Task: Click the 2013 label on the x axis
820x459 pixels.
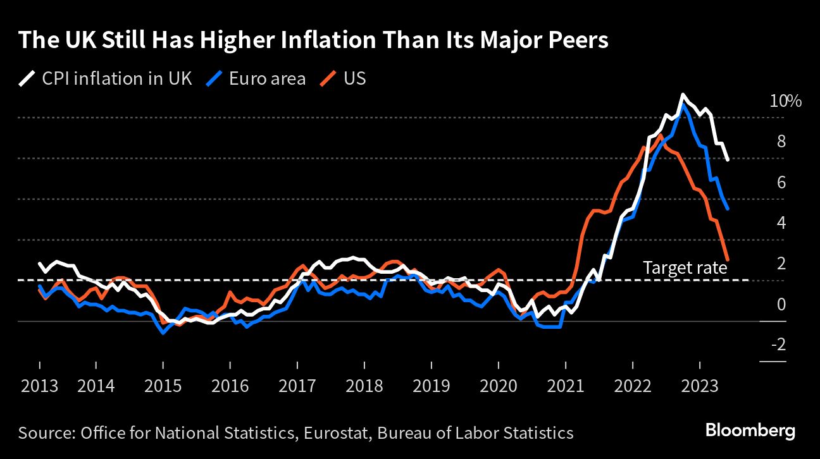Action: point(39,385)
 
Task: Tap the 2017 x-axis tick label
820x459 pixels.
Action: point(297,385)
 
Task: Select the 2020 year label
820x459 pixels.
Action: point(499,385)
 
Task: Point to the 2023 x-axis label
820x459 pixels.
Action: point(700,385)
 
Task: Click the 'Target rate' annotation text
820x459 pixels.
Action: point(685,268)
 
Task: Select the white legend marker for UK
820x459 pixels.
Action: point(27,79)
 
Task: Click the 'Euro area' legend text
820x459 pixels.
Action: point(267,79)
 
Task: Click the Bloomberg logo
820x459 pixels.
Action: point(750,431)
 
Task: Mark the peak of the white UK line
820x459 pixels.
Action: point(683,95)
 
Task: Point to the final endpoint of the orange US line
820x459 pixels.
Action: point(728,260)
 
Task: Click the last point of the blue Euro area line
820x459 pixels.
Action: point(728,209)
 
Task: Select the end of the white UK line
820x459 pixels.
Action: point(728,159)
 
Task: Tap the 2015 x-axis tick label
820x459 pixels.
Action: point(163,385)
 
